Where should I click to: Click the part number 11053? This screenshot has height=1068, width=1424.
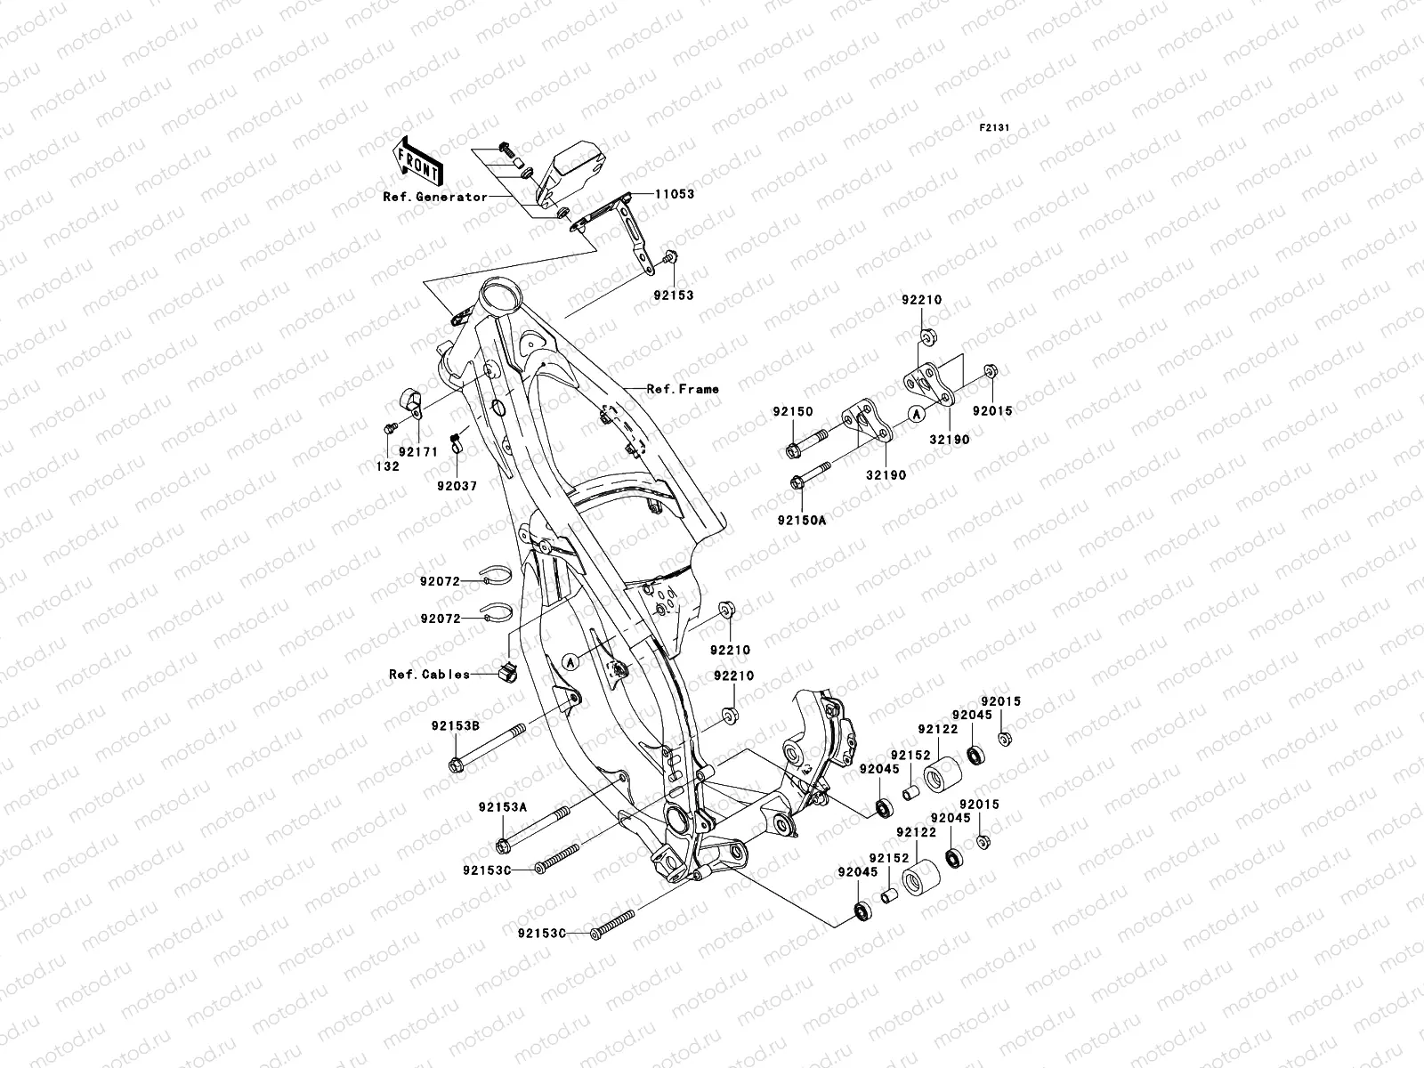(675, 194)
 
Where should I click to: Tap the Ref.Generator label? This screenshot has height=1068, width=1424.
(435, 198)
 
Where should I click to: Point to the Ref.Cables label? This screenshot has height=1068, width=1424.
(430, 675)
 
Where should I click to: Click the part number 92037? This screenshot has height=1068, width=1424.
(457, 487)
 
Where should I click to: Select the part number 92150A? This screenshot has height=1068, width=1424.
(801, 520)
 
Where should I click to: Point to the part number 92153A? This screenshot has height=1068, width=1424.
(503, 806)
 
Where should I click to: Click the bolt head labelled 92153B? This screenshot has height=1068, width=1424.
(457, 765)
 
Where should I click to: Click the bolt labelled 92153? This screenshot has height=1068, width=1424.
(670, 259)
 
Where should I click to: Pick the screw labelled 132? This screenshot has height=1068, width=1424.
(388, 429)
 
